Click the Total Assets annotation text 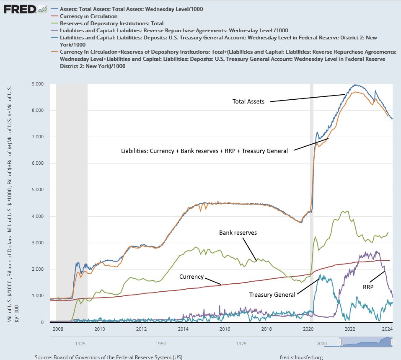click(248, 101)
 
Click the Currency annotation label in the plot click(191, 277)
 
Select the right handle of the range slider click(392, 342)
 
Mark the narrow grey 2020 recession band click(311, 201)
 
